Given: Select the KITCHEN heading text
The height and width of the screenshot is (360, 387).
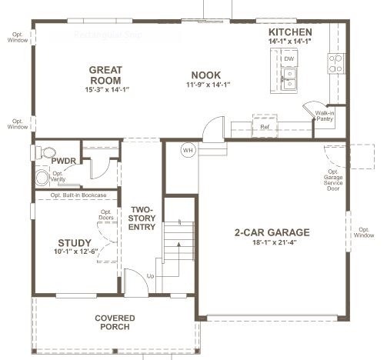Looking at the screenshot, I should (290, 32).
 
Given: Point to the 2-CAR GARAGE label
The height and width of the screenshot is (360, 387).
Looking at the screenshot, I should (272, 232).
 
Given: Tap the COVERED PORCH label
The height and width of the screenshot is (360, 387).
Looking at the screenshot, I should (115, 323).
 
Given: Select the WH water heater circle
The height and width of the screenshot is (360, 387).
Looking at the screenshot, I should (188, 150).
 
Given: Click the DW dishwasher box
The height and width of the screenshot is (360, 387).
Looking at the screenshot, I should (289, 58).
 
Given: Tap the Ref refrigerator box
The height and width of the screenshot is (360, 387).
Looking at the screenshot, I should (265, 126).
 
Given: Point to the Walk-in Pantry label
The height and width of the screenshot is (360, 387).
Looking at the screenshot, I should (325, 116).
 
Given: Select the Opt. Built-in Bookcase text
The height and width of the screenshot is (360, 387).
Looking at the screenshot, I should (78, 195).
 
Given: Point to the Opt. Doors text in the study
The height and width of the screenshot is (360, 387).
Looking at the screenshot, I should (106, 216).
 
